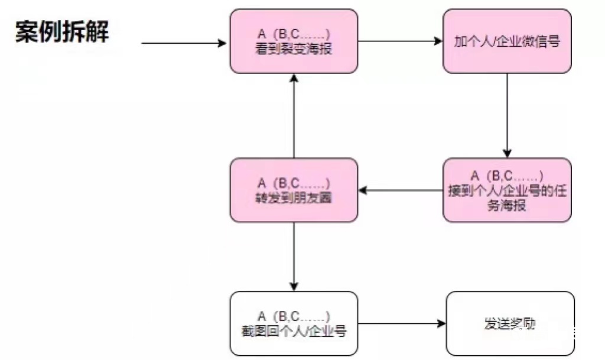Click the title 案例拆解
(x=62, y=31)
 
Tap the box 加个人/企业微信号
(x=507, y=41)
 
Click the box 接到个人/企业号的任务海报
(x=507, y=190)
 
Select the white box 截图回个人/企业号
(x=294, y=323)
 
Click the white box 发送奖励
(x=510, y=323)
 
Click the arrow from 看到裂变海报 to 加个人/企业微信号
(x=400, y=41)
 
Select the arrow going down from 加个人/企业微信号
(x=507, y=115)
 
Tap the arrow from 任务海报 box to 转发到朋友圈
(x=401, y=190)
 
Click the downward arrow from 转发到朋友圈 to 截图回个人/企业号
(x=294, y=257)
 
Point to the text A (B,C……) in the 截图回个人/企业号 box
(x=294, y=316)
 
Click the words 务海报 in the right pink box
(x=507, y=207)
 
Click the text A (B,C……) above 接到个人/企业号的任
(x=507, y=176)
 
